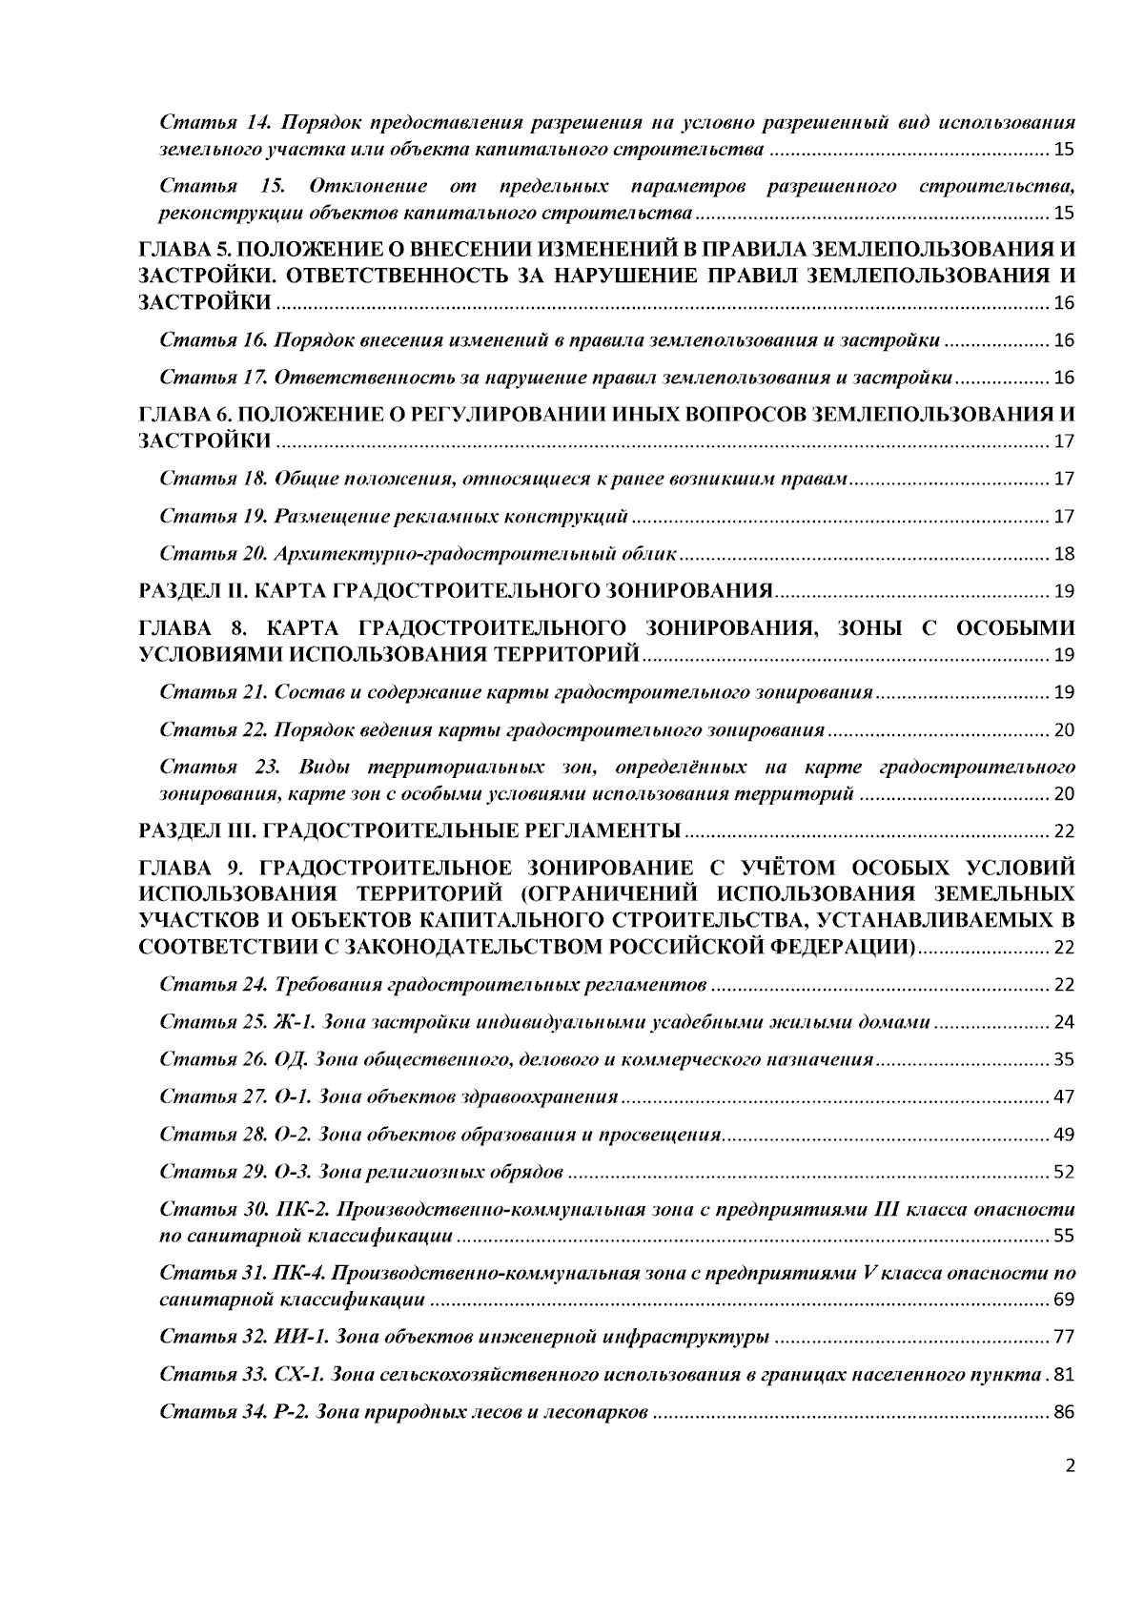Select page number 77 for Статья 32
(x=1064, y=1338)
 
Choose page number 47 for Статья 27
(x=1064, y=1097)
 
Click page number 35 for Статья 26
(x=1064, y=1060)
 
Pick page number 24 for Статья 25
(x=1064, y=1023)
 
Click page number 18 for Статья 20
(x=1064, y=554)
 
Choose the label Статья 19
(x=211, y=517)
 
